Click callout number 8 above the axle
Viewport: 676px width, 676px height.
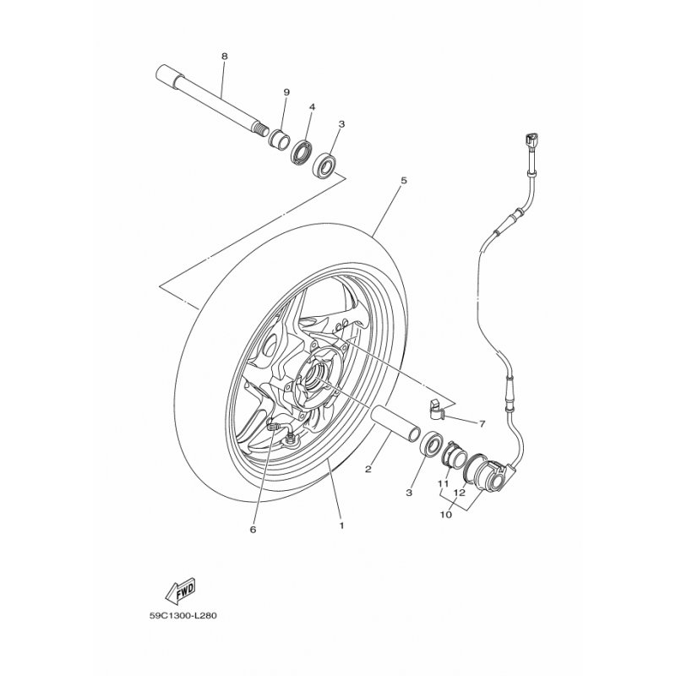224,57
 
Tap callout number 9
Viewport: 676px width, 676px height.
286,92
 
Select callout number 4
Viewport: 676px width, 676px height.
312,107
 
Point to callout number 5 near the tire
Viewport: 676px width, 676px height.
404,180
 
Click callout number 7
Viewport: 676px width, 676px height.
482,424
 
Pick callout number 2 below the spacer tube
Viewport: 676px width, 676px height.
368,469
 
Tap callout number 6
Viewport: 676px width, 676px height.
253,530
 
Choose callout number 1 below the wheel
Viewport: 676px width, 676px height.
341,526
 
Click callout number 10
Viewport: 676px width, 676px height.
446,515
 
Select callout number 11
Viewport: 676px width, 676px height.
443,483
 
